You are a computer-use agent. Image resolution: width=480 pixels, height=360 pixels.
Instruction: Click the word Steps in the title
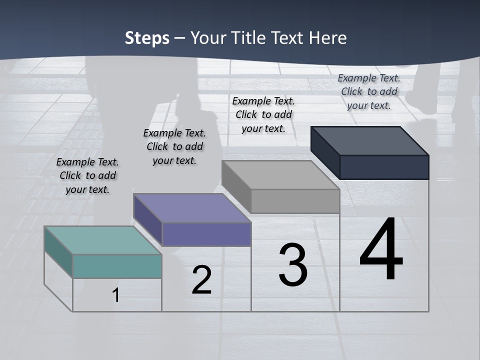[x=147, y=38]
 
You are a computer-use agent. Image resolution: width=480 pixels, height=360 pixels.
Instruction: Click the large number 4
[x=381, y=250]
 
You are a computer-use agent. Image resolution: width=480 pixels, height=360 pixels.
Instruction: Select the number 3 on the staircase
[x=293, y=265]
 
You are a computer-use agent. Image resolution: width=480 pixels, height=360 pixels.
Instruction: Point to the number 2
[x=202, y=280]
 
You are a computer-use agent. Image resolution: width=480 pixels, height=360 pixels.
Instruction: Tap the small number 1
[x=116, y=295]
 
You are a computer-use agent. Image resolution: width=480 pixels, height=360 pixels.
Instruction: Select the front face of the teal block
[x=117, y=266]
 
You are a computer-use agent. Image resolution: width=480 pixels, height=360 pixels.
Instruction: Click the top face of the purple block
[x=192, y=208]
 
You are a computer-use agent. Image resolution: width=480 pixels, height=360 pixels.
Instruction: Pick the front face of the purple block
[x=206, y=234]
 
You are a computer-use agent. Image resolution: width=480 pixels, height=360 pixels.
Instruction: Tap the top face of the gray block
[x=280, y=175]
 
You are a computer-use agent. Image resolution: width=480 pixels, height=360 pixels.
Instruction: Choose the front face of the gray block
[x=295, y=201]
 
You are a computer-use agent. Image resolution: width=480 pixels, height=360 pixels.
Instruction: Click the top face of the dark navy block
[x=369, y=140]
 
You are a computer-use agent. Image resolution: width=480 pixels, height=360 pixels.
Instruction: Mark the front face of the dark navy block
[x=384, y=167]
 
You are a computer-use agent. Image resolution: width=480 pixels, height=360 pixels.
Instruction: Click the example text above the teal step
[x=87, y=175]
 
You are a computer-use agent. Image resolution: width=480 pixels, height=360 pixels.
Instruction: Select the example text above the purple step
[x=174, y=146]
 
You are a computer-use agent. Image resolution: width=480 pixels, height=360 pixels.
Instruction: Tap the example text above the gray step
[x=263, y=114]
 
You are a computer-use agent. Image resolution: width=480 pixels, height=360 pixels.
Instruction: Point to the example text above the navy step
[x=369, y=91]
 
